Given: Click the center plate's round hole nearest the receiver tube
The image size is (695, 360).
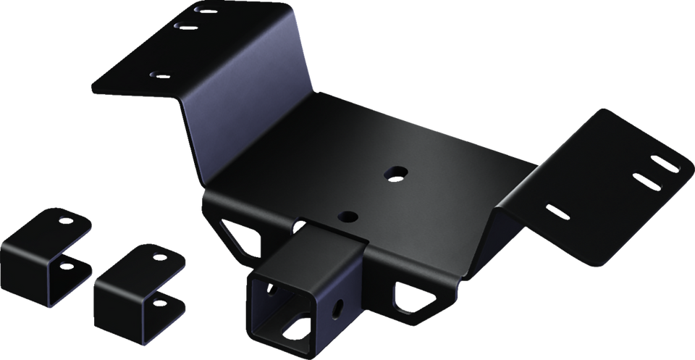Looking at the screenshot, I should click(x=349, y=216).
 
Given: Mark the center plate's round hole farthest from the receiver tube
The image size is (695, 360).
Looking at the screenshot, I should click(x=395, y=172).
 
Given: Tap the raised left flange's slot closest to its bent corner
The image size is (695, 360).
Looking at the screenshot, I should click(x=205, y=11).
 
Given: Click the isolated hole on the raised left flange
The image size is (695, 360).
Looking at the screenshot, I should click(x=156, y=73).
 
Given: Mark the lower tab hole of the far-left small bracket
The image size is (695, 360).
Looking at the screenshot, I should click(x=66, y=265).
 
